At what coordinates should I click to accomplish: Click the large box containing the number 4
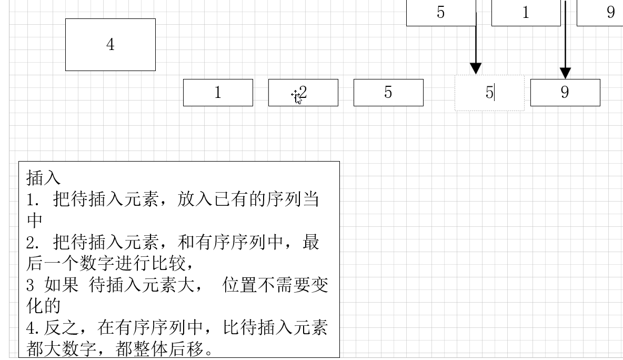tap(110, 45)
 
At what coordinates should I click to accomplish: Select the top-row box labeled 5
tap(441, 13)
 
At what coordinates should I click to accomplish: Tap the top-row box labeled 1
tap(526, 13)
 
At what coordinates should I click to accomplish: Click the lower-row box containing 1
tap(218, 93)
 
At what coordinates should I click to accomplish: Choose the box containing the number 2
tap(310, 93)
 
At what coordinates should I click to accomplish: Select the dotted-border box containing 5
tap(489, 93)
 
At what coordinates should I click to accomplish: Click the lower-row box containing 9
tap(565, 93)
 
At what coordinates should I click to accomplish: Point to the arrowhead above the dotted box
tap(476, 68)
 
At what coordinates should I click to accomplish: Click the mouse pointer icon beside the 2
tap(297, 96)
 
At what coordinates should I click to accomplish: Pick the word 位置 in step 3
tap(240, 285)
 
